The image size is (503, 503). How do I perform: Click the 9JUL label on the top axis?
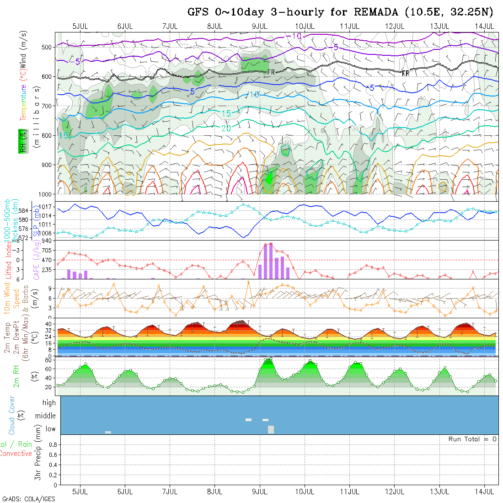pyautogui.click(x=260, y=26)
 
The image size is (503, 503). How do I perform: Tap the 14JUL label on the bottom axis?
pyautogui.click(x=485, y=492)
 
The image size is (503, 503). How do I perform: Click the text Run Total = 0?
pyautogui.click(x=472, y=439)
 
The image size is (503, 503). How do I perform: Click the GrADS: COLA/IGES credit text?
pyautogui.click(x=28, y=499)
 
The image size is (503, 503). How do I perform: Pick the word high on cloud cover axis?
pyautogui.click(x=49, y=403)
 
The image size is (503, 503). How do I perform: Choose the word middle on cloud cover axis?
pyautogui.click(x=46, y=416)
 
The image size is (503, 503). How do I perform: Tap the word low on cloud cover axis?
pyautogui.click(x=50, y=429)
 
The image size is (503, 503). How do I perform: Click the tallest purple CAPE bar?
pyautogui.click(x=271, y=261)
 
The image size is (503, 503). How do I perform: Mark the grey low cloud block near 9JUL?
pyautogui.click(x=271, y=429)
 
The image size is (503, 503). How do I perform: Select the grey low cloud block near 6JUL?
pyautogui.click(x=108, y=432)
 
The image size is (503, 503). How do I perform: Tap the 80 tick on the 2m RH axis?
pyautogui.click(x=47, y=360)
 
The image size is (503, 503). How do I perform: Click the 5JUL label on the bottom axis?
pyautogui.click(x=80, y=492)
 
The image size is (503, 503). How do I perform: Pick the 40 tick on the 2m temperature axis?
pyautogui.click(x=48, y=323)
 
